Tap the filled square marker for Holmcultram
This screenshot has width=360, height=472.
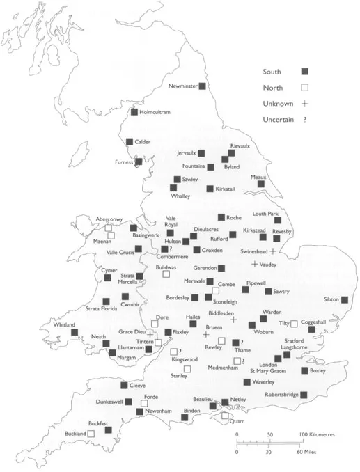(134, 111)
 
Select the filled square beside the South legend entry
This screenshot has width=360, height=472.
(304, 71)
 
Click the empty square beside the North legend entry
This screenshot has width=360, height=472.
(304, 87)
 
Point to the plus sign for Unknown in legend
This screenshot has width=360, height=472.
(304, 103)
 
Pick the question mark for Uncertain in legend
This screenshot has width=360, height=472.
(305, 120)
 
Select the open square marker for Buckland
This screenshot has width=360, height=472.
(91, 434)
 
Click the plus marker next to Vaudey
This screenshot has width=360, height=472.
(254, 265)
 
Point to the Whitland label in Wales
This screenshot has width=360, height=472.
(56, 324)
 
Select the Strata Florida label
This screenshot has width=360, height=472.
(100, 308)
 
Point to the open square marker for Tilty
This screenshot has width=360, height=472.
(294, 323)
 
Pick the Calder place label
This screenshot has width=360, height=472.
(142, 141)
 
